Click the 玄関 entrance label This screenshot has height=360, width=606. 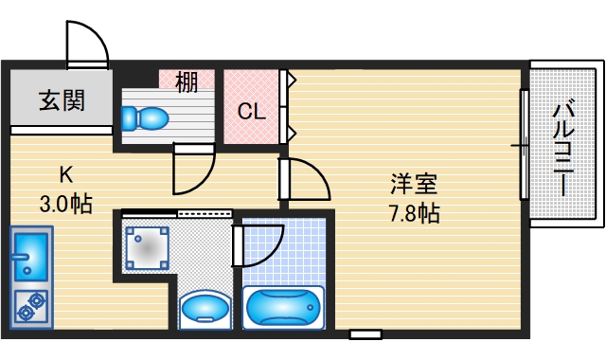[x=62, y=99]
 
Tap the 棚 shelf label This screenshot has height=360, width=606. [x=187, y=82]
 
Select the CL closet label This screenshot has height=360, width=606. [x=251, y=113]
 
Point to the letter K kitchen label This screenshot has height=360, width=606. [x=65, y=174]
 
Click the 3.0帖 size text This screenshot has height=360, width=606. [x=65, y=202]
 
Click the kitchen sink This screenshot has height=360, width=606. [x=29, y=255]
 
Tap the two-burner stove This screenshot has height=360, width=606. [x=29, y=306]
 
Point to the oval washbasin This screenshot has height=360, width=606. [x=204, y=308]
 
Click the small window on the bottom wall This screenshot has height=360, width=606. [x=365, y=334]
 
